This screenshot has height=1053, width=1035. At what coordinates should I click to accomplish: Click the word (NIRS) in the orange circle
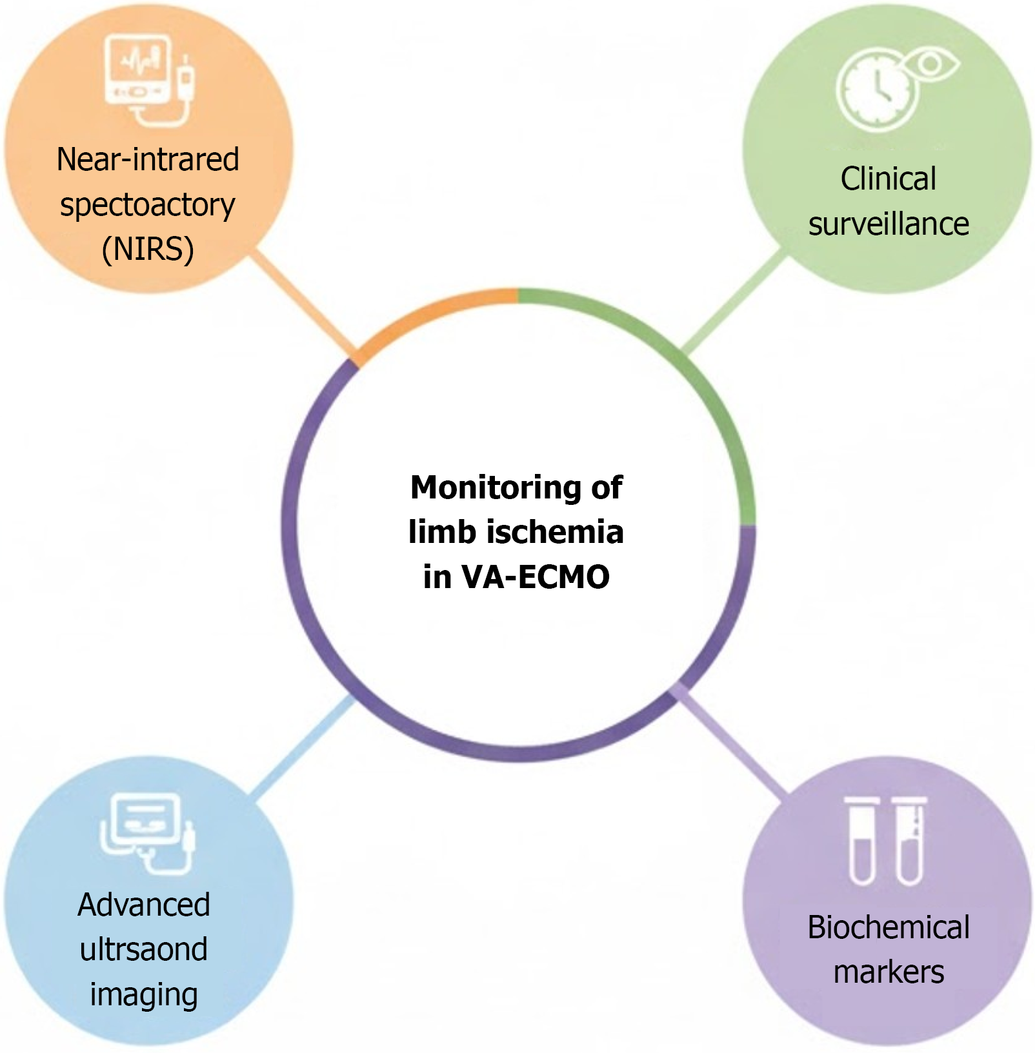pyautogui.click(x=148, y=250)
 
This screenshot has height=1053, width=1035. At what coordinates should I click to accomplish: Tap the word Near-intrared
pyautogui.click(x=148, y=159)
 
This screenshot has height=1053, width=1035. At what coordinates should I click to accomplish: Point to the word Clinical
pyautogui.click(x=888, y=179)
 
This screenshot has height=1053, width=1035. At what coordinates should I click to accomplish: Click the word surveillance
pyautogui.click(x=889, y=224)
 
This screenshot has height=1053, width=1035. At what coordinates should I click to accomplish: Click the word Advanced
pyautogui.click(x=144, y=905)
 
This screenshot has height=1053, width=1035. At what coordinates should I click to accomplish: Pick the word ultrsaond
pyautogui.click(x=144, y=949)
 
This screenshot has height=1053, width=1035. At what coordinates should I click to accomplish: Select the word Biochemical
pyautogui.click(x=889, y=927)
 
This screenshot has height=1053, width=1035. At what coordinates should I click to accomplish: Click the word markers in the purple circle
pyautogui.click(x=889, y=972)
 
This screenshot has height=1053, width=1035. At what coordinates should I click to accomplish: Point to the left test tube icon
pyautogui.click(x=861, y=841)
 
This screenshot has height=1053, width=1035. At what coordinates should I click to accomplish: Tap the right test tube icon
pyautogui.click(x=909, y=841)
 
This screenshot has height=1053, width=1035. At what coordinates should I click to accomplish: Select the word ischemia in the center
pyautogui.click(x=555, y=532)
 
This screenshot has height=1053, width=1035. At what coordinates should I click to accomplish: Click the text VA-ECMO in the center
pyautogui.click(x=535, y=576)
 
